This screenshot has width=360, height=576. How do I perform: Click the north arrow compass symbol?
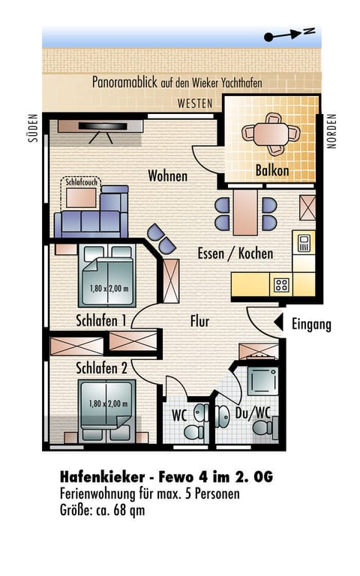point(289,34)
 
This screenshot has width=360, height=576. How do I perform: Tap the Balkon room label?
point(271,170)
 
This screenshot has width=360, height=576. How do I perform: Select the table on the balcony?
point(271,134)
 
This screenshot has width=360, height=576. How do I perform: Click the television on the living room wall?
point(103,126)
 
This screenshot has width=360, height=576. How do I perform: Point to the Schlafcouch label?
point(81,181)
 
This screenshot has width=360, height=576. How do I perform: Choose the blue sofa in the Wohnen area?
point(91,213)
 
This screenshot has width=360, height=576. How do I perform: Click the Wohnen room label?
point(167,176)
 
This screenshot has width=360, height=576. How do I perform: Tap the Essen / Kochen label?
point(235,253)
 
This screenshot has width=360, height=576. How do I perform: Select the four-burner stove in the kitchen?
point(281,284)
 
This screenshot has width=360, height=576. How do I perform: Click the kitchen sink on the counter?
point(304,242)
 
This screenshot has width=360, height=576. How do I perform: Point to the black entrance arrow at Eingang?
point(278,322)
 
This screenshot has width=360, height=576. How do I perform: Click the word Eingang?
point(311,324)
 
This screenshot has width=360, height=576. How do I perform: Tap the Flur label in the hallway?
point(199,321)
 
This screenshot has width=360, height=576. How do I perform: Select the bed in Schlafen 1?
point(107,275)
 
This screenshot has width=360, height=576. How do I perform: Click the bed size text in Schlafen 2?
point(108,403)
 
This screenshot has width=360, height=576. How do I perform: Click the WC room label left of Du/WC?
point(179,415)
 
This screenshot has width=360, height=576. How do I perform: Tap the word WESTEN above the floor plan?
point(195,103)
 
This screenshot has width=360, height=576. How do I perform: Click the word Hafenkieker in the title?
point(102,477)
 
